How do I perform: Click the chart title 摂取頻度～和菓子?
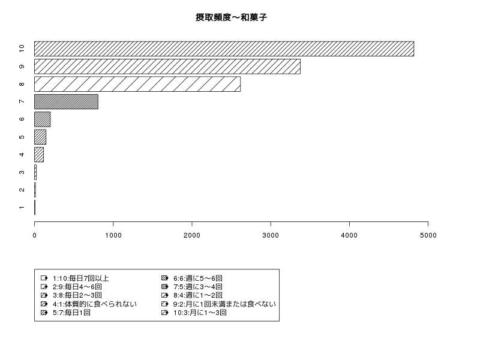point(231,17)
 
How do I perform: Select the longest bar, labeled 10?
point(224,49)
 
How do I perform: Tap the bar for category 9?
point(167,67)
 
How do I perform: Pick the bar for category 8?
point(137,84)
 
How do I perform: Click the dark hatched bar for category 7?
point(66,101)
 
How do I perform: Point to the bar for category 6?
point(42,119)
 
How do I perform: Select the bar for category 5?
point(40,137)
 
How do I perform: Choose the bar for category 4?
point(39,155)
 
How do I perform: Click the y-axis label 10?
point(22,49)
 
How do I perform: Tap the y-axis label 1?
point(22,208)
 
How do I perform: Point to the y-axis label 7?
point(22,101)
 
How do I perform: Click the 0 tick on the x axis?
point(35,235)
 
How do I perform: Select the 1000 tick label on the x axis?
point(113,235)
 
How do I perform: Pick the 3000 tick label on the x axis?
point(271,235)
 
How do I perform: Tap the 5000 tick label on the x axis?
point(428,235)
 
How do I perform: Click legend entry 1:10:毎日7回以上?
point(81,278)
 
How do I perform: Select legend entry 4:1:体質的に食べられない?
point(95,304)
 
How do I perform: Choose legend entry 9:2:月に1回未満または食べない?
point(224,304)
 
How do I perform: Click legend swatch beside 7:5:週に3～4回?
point(164,287)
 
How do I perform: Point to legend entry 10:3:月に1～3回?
point(200,313)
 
